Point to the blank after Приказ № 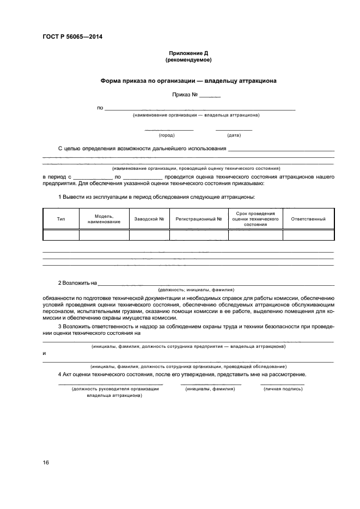coord(210,96)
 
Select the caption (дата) coord(234,135)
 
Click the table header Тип coord(61,219)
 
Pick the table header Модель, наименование coord(104,219)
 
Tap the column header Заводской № coord(149,219)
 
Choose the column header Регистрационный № coord(199,219)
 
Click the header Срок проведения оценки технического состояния coord(255,219)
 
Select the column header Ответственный coord(308,219)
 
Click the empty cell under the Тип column coord(61,235)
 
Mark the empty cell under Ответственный coord(308,235)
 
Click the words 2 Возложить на coord(77,283)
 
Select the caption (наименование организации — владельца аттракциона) coord(196,115)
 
